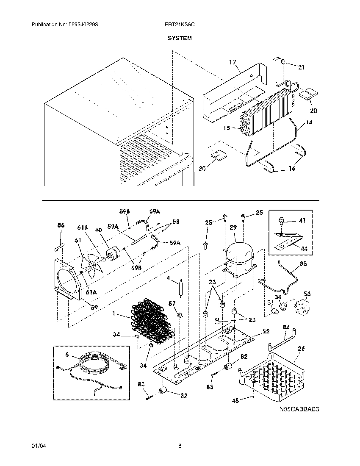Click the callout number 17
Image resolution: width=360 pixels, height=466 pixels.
pyautogui.click(x=232, y=62)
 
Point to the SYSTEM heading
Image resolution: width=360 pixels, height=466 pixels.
pyautogui.click(x=179, y=38)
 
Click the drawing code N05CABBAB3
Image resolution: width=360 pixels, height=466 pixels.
pyautogui.click(x=299, y=410)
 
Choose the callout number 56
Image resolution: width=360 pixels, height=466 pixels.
pyautogui.click(x=307, y=294)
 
